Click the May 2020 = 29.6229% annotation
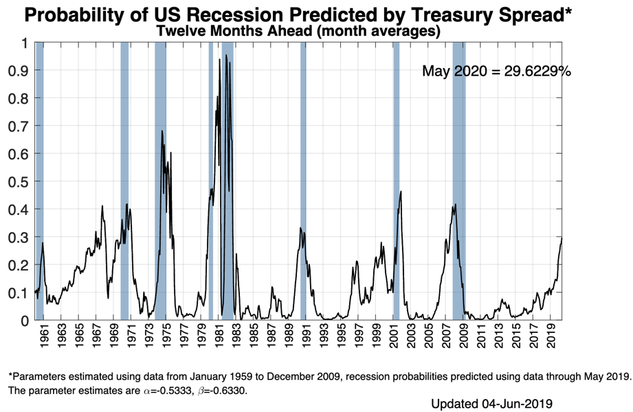pyautogui.click(x=496, y=71)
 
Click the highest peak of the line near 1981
pyautogui.click(x=226, y=55)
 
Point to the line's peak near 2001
pyautogui.click(x=401, y=192)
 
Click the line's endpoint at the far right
pyautogui.click(x=562, y=238)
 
